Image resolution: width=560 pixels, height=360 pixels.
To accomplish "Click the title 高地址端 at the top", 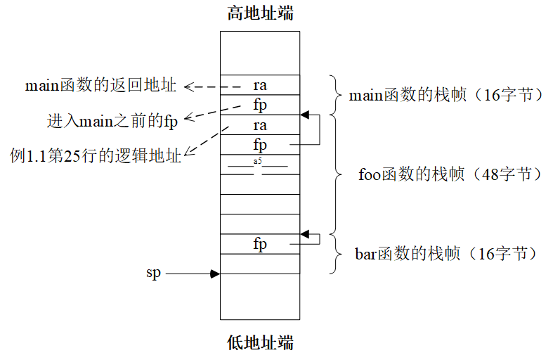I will coord(260,13).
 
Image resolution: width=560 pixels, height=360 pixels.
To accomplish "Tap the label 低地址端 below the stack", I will coord(260,343).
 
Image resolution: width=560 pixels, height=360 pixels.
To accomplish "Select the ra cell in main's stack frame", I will coord(260,85).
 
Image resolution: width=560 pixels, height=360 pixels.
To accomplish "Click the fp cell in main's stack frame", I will coord(260,105).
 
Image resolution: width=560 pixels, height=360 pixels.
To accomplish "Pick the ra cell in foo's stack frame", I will coord(260,125).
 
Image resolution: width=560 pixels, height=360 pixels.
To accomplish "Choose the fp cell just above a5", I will coord(260,145).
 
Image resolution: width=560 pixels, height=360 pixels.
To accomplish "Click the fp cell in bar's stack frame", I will coord(260,244).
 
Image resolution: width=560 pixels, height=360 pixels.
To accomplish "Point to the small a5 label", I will coord(258,162).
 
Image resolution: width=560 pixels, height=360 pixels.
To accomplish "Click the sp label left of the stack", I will coord(153,273).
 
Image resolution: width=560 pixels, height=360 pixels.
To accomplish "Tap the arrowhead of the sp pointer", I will coord(215,274).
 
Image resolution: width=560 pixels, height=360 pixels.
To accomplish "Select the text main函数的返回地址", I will coord(100,86).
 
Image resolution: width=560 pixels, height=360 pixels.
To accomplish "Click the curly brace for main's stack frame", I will coord(334,95).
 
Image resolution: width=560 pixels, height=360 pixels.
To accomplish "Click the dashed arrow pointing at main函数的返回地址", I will coord(204,87).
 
